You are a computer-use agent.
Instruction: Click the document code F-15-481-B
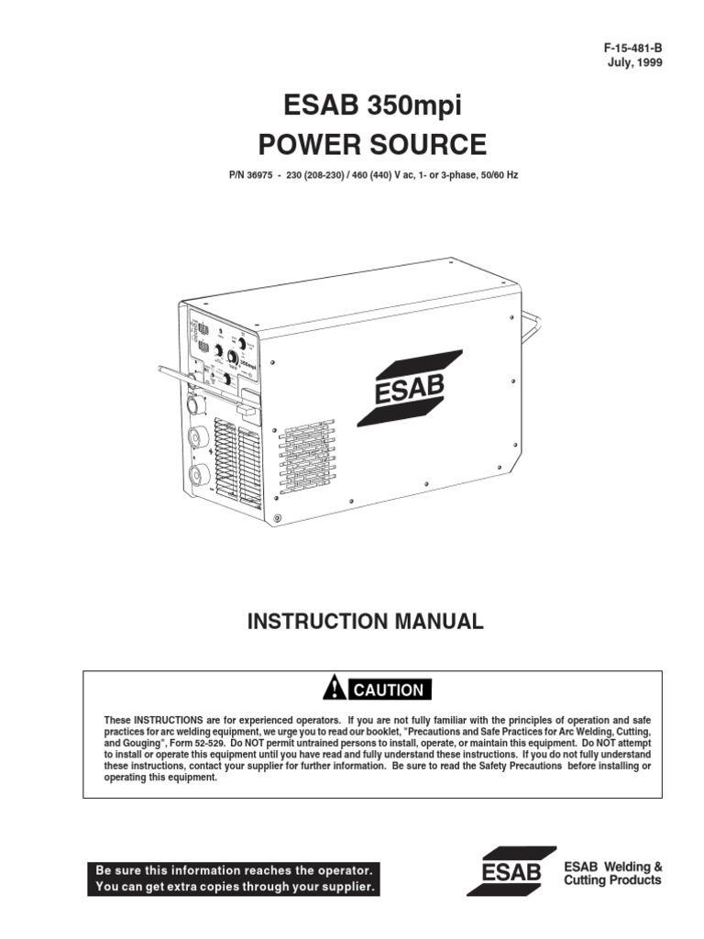click(x=625, y=47)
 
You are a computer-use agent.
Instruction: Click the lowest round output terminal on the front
click(x=196, y=477)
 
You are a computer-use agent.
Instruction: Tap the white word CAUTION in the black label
click(x=389, y=690)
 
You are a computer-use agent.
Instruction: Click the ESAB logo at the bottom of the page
click(x=511, y=872)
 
